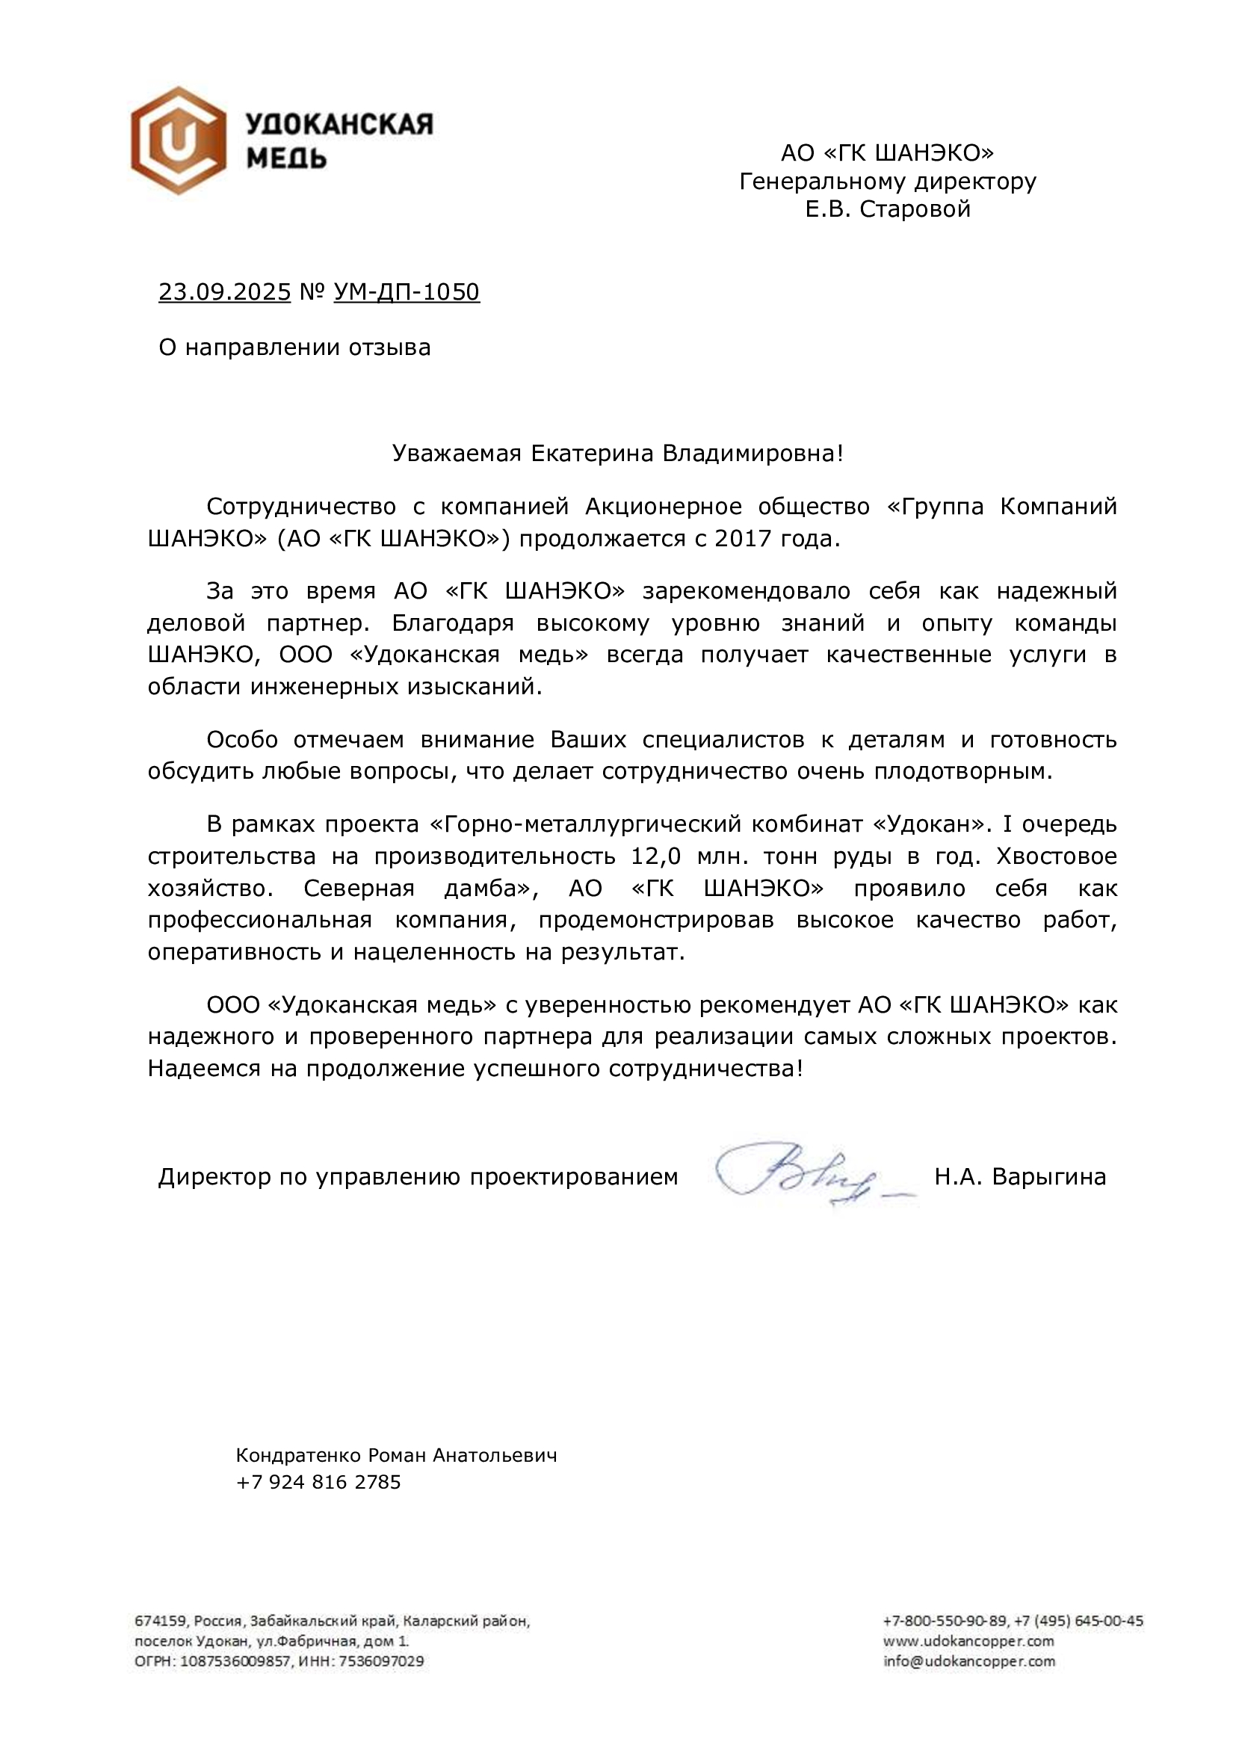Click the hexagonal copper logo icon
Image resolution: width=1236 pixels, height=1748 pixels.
pyautogui.click(x=179, y=140)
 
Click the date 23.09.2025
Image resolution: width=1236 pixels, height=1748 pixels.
pyautogui.click(x=224, y=292)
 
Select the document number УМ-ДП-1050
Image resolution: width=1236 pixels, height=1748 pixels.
pyautogui.click(x=407, y=292)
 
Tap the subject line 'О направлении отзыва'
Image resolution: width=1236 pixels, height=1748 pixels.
pyautogui.click(x=294, y=348)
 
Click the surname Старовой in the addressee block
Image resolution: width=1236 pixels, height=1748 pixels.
pyautogui.click(x=915, y=209)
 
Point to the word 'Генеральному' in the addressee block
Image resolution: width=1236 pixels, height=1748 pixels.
pyautogui.click(x=823, y=181)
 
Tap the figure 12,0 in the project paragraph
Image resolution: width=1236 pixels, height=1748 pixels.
pyautogui.click(x=655, y=856)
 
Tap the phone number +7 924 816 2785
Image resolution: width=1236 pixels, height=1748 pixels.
pyautogui.click(x=318, y=1482)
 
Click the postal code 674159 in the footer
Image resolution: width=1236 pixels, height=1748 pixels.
pyautogui.click(x=158, y=1622)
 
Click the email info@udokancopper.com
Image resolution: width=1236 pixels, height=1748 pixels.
pyautogui.click(x=969, y=1661)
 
